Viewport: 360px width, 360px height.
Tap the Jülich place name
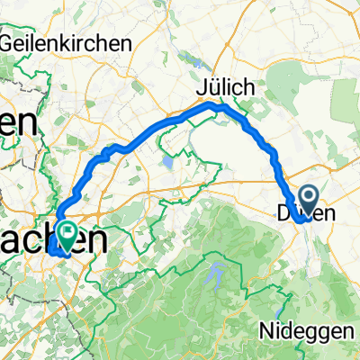point(227,88)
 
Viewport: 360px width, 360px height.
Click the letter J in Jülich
point(202,88)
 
